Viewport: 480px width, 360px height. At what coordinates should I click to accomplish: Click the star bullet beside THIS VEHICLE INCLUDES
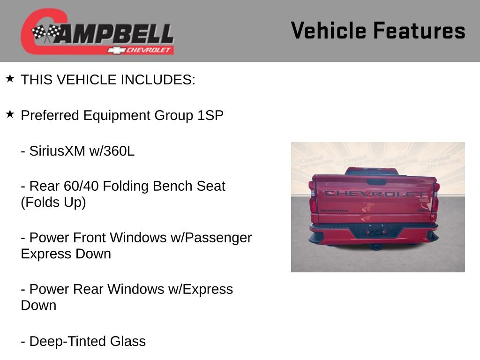pyautogui.click(x=10, y=78)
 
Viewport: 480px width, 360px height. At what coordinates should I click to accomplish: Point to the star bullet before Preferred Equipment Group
pyautogui.click(x=10, y=114)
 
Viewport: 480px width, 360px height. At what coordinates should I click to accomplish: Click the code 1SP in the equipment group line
pyautogui.click(x=210, y=115)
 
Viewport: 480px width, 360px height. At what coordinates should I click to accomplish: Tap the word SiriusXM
pyautogui.click(x=57, y=151)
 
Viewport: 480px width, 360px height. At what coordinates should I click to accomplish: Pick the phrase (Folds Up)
pyautogui.click(x=53, y=202)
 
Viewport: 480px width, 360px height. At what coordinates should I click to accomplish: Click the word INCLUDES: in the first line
pyautogui.click(x=158, y=80)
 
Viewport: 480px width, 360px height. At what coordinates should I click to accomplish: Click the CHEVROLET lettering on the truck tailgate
pyautogui.click(x=374, y=194)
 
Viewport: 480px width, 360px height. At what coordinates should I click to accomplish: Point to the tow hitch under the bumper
pyautogui.click(x=375, y=246)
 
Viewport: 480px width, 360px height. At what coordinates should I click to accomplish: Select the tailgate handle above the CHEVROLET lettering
pyautogui.click(x=376, y=182)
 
